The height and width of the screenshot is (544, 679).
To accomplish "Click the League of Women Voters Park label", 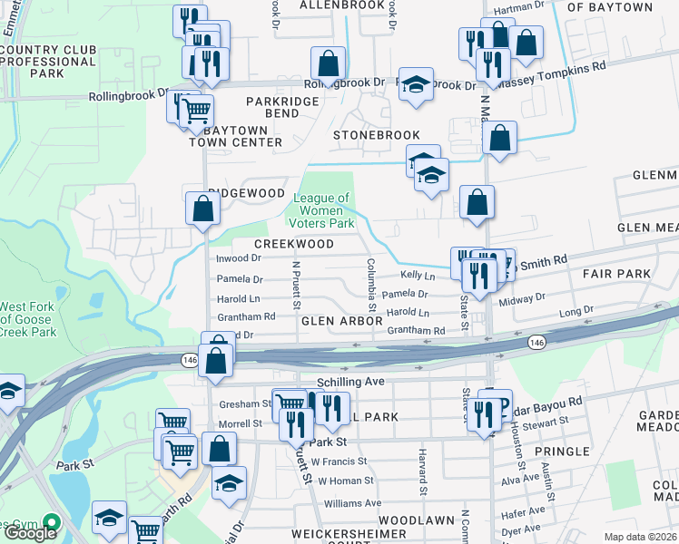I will [320, 210].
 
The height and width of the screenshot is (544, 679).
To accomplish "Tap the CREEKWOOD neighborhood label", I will [293, 245].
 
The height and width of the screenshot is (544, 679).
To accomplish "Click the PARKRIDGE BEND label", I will [281, 108].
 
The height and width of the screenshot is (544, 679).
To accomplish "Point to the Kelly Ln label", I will [418, 276].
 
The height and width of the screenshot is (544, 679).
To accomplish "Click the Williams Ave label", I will [353, 502].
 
